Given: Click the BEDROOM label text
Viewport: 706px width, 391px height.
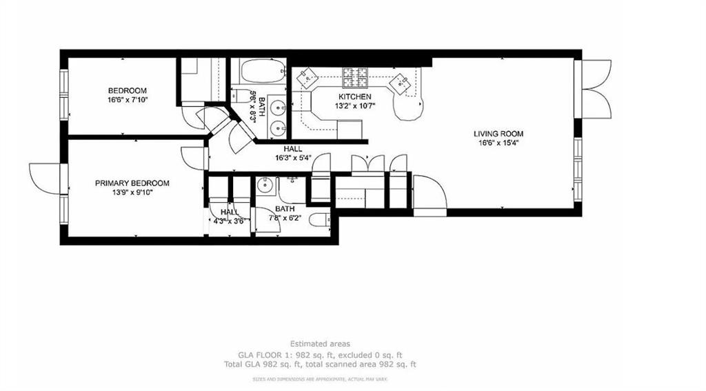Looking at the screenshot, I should pyautogui.click(x=128, y=91).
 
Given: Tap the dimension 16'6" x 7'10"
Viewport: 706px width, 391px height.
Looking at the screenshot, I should pyautogui.click(x=128, y=100).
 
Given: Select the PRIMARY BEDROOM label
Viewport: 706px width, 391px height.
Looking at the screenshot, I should pyautogui.click(x=132, y=183).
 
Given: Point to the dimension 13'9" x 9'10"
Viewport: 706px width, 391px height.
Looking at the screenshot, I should pyautogui.click(x=132, y=192).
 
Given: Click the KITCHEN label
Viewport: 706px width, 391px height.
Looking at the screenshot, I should pyautogui.click(x=354, y=97).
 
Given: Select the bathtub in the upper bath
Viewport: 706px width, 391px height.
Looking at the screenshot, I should pyautogui.click(x=257, y=72).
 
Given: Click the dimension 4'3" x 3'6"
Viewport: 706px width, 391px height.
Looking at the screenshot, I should pyautogui.click(x=229, y=221).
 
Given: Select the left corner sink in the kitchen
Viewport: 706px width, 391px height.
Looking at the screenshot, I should pyautogui.click(x=304, y=81).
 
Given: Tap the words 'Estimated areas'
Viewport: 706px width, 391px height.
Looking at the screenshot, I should pyautogui.click(x=319, y=343).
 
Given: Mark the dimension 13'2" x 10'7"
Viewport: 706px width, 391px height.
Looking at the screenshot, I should pyautogui.click(x=354, y=106).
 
